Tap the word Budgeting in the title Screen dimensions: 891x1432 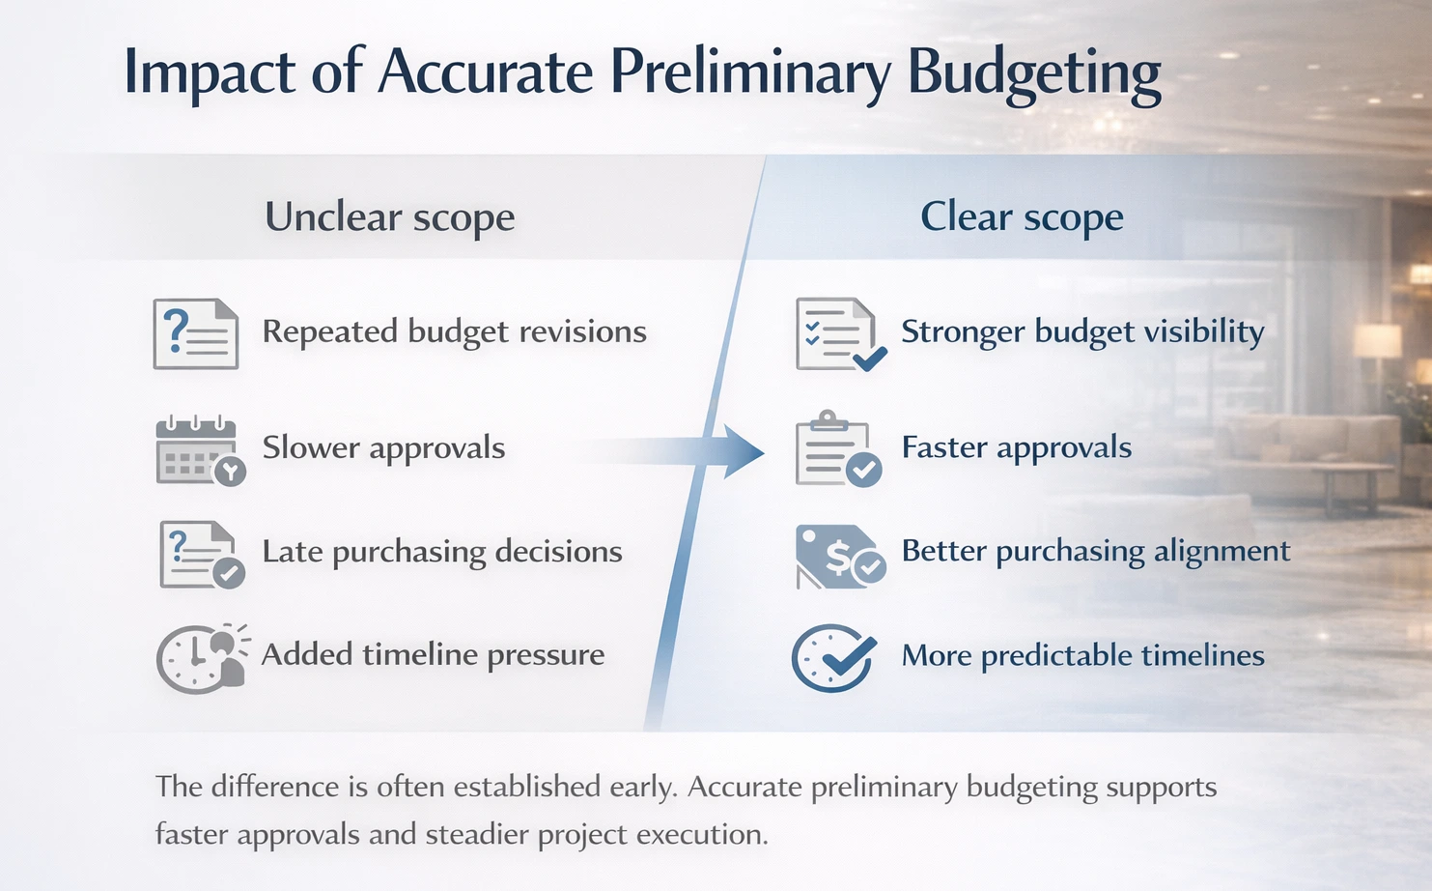(x=1034, y=72)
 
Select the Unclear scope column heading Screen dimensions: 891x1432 (x=389, y=216)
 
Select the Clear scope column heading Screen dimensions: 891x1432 (x=1022, y=216)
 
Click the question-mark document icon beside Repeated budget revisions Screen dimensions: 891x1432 (x=196, y=333)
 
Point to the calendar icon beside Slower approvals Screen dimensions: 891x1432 (x=199, y=450)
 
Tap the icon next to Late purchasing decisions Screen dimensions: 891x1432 (x=200, y=555)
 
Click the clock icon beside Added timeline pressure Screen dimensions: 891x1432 (x=201, y=658)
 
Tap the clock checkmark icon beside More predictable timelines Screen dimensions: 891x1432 (x=832, y=658)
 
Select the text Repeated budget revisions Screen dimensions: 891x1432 (x=454, y=332)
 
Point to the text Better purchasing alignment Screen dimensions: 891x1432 (x=1095, y=551)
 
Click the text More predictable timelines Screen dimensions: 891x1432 (x=1082, y=655)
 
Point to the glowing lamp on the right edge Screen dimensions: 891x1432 (x=1377, y=341)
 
